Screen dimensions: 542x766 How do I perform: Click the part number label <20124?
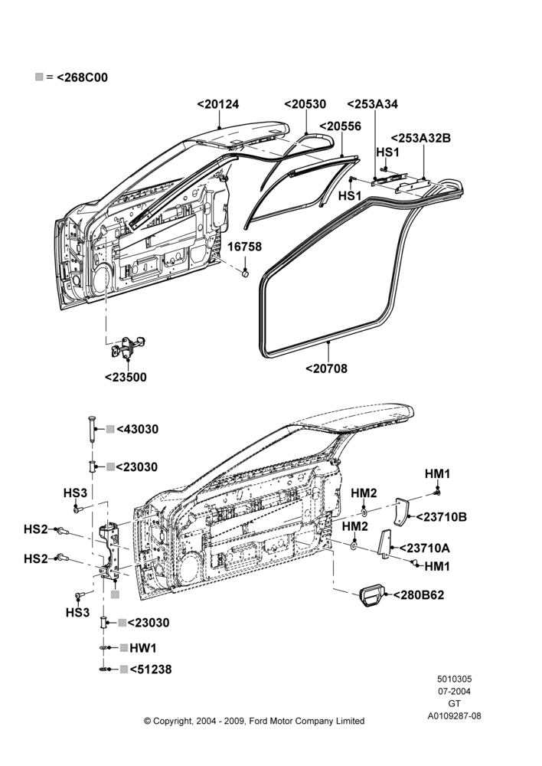tap(218, 104)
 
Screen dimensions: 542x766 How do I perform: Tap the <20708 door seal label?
tap(327, 368)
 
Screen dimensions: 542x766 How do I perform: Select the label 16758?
tap(245, 247)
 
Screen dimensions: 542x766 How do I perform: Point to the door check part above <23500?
tap(127, 346)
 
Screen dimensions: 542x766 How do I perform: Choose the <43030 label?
tap(137, 430)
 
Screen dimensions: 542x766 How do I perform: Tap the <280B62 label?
tap(419, 595)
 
